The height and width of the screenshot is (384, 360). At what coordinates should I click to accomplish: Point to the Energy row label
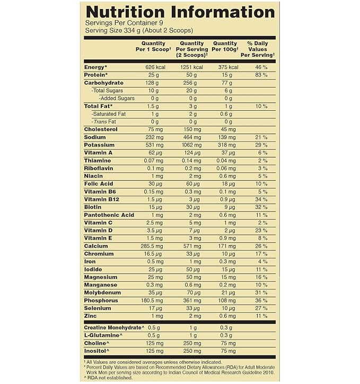[96, 67]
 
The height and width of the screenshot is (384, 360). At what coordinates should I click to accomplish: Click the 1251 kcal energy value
[191, 67]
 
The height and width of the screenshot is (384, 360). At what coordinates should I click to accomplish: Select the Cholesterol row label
[101, 129]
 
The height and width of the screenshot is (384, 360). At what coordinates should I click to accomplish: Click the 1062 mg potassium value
[191, 144]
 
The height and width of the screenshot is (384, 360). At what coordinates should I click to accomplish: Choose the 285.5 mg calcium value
[154, 246]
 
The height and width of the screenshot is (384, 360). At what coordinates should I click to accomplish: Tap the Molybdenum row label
[102, 292]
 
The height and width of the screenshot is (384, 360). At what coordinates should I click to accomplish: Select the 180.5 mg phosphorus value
[154, 300]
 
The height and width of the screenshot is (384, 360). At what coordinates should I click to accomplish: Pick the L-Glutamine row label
[101, 335]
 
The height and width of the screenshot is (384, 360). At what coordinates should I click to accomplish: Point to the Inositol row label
[97, 351]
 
